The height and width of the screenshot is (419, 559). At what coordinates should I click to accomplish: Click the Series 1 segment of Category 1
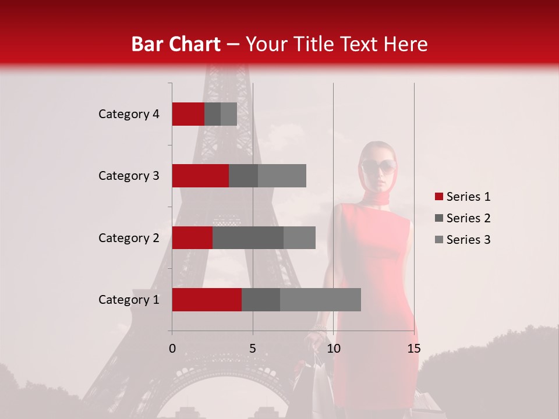[x=207, y=300]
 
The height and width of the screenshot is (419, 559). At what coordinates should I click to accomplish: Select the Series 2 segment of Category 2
[x=248, y=237]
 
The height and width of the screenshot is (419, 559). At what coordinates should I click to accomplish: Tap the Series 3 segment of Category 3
[x=282, y=176]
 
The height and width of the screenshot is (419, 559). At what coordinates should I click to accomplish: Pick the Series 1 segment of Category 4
[x=188, y=114]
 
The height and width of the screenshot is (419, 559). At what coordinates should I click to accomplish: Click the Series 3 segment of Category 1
[x=320, y=300]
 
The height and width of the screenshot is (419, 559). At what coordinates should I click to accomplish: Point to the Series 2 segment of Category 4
[x=213, y=114]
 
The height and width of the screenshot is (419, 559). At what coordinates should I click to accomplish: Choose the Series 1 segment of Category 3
[x=200, y=176]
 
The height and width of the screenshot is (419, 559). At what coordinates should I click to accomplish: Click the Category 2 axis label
[x=129, y=237]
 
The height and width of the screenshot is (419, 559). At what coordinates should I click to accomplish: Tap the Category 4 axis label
[x=129, y=114]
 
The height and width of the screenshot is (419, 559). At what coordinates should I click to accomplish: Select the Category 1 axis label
[x=129, y=300]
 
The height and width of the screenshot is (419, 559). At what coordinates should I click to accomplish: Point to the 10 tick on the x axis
[x=333, y=349]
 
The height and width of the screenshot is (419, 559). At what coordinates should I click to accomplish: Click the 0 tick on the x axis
[x=172, y=349]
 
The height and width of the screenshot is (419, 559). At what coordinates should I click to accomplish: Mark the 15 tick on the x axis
[x=413, y=349]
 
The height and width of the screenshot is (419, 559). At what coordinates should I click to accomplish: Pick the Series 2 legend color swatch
[x=438, y=218]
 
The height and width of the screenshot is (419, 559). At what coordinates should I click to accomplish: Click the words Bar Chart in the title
[x=175, y=44]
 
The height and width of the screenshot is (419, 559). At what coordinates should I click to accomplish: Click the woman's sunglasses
[x=379, y=168]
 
